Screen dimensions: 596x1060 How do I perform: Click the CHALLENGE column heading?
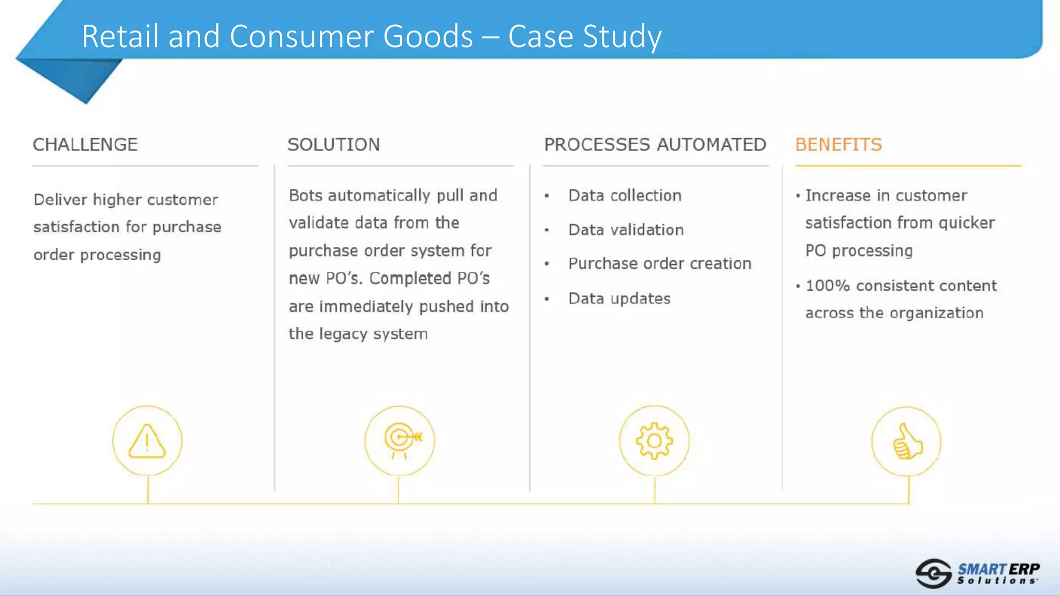tap(85, 145)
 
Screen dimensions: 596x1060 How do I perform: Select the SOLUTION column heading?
tap(334, 145)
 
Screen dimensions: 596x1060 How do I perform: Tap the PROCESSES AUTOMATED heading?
tap(655, 145)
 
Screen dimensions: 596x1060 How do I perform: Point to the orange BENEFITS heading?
tap(838, 145)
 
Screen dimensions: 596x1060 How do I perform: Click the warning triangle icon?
tap(148, 441)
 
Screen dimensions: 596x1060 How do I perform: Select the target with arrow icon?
tap(400, 440)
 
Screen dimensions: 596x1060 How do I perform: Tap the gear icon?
tap(654, 441)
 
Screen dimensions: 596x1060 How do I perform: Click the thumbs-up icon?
tap(907, 442)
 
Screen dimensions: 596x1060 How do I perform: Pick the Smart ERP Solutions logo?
tap(977, 573)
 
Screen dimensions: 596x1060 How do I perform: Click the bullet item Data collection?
tap(625, 196)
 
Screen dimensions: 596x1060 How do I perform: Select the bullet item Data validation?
tap(626, 230)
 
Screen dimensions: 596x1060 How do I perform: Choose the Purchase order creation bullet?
tap(659, 264)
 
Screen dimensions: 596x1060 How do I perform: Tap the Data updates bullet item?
tap(619, 299)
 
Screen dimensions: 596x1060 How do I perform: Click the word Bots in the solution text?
tap(305, 196)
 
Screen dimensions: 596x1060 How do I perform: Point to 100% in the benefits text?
tap(827, 286)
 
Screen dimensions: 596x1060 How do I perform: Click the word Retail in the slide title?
tap(120, 36)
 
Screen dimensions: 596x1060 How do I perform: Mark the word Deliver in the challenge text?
tap(61, 200)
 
